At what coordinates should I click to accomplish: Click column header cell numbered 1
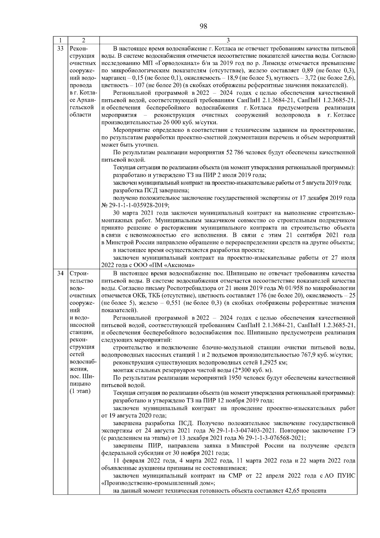click(60, 40)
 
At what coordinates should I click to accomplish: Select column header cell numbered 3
click(228, 40)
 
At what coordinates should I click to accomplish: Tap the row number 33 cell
click(60, 49)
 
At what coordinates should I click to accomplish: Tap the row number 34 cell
click(60, 273)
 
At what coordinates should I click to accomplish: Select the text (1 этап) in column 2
click(79, 391)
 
